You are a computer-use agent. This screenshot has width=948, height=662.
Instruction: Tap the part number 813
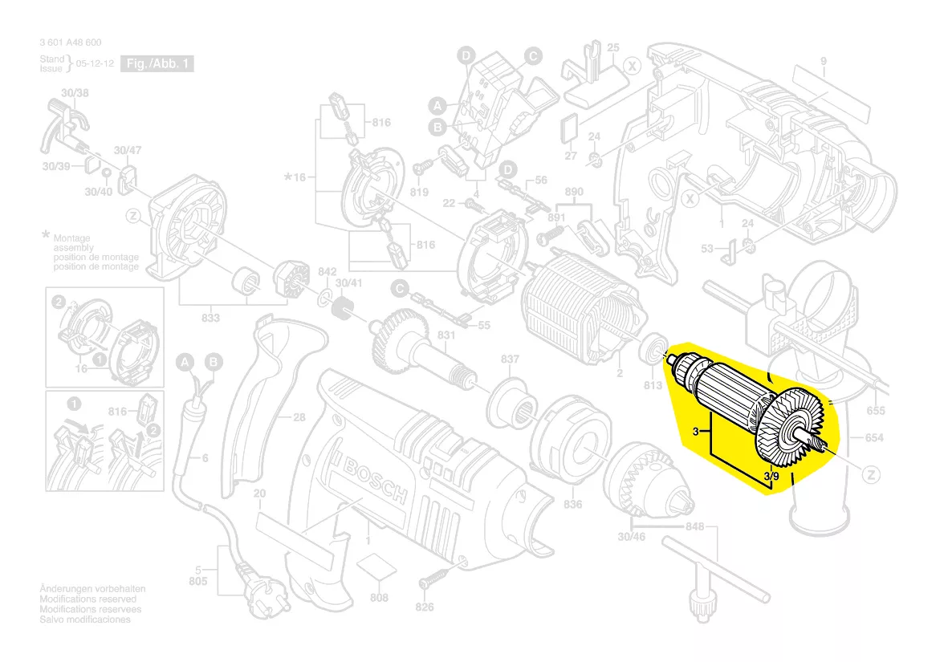[653, 386]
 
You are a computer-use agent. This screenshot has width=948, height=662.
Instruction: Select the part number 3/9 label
[771, 477]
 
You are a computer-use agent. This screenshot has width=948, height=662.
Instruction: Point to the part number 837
[511, 359]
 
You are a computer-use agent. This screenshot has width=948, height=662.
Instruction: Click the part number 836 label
[572, 504]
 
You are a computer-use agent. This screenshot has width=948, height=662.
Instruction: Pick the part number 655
[876, 411]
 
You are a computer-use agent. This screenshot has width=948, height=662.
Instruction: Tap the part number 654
[874, 437]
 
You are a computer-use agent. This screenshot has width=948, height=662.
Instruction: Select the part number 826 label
[425, 607]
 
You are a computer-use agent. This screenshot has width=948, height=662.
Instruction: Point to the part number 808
[379, 598]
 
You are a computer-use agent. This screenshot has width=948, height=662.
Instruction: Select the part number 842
[327, 273]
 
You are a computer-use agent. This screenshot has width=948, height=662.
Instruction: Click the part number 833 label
[210, 319]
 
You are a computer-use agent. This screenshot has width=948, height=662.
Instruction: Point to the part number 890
[573, 193]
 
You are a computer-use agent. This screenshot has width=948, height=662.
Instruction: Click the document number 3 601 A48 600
[70, 43]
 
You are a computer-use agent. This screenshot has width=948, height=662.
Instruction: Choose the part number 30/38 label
[75, 94]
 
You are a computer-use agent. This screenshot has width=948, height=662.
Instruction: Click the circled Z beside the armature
[869, 475]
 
